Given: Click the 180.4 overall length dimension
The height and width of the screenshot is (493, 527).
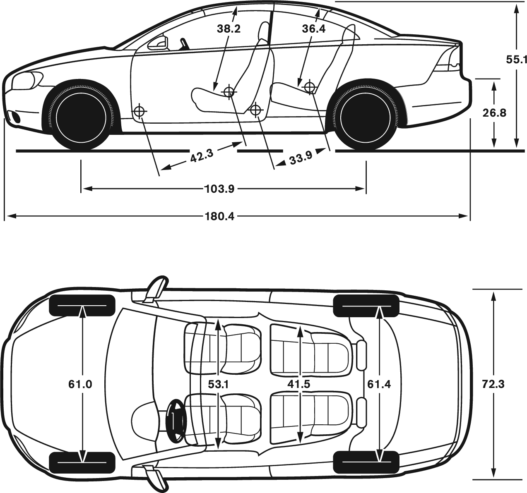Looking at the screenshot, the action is pos(220,216).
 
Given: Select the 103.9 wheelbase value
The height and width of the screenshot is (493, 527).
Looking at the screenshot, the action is pos(220,189).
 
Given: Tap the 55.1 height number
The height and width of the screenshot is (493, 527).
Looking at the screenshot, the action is pos(516,60).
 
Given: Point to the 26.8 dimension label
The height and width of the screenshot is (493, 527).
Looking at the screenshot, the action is pos(494,113).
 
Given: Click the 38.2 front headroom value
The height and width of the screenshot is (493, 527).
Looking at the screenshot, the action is pos(229,29).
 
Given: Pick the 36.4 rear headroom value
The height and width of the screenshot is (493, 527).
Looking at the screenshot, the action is pos(314,29).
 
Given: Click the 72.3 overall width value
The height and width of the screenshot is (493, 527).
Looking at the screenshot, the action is pos(493,384).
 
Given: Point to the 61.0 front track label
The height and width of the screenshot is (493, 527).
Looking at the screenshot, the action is pos(80,384).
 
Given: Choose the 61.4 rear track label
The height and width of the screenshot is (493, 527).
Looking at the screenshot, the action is pos(379,384).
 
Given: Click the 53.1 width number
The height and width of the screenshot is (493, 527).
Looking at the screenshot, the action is pos(218,384).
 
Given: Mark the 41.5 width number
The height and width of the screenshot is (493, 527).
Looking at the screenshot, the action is pos(299,384).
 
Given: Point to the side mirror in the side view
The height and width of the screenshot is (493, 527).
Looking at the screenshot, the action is pos(158,43).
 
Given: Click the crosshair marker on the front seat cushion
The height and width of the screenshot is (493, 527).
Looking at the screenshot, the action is pos(229,92).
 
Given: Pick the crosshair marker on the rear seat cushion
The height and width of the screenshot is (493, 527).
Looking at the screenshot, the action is pos(309,86).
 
